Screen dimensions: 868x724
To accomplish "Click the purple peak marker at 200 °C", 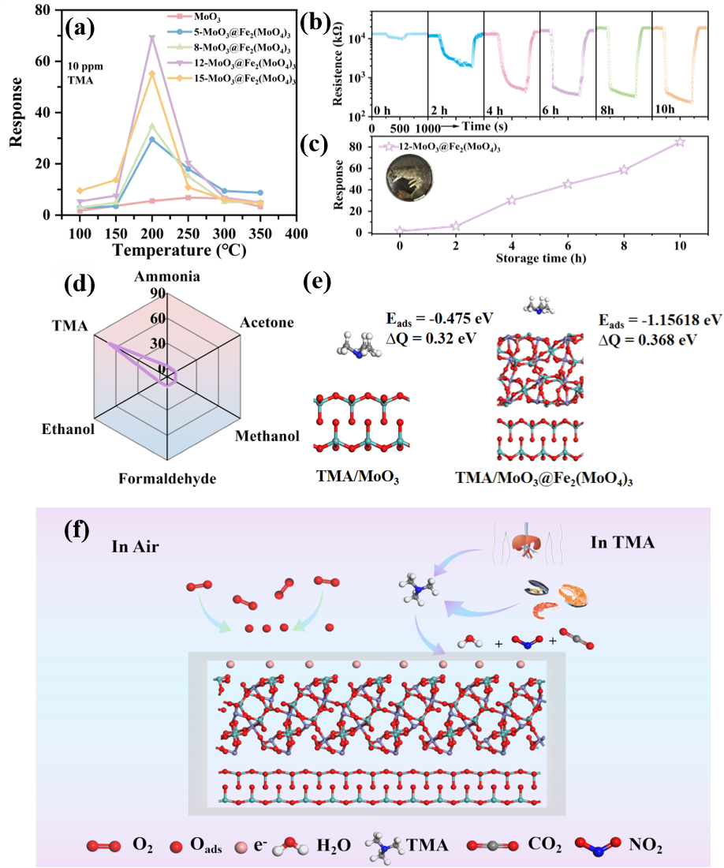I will coord(152,38).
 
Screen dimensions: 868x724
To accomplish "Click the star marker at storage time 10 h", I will coord(680,142).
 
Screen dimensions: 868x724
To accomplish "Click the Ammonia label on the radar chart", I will coord(166,276).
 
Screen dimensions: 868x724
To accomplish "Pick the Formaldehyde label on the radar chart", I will coord(166,477).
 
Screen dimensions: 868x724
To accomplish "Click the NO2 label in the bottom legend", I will coord(646,846).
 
